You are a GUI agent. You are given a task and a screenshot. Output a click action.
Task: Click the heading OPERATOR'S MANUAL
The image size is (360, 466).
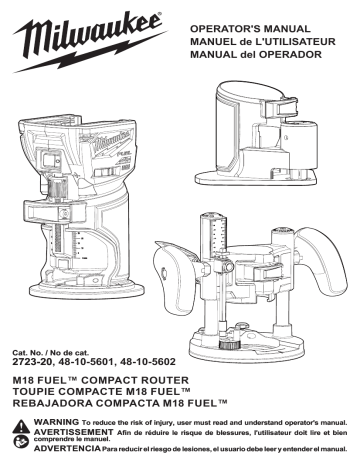tap(250, 29)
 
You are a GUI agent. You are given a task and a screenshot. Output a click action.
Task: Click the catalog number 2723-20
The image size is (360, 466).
tap(33, 362)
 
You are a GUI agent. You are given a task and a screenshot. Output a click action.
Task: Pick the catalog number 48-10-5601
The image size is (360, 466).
tap(86, 362)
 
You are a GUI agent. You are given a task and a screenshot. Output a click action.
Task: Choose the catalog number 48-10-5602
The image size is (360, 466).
tap(147, 362)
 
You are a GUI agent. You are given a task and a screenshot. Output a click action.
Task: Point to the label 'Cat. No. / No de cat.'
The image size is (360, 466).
tap(51, 352)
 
